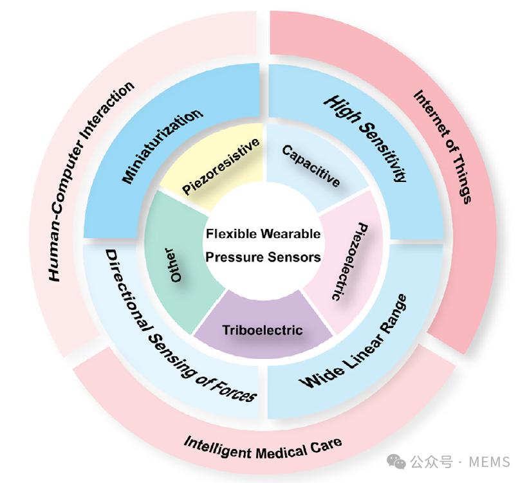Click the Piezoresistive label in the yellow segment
[x=221, y=167]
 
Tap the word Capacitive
[x=311, y=165]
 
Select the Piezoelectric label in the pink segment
[x=347, y=261]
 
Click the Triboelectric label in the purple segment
[x=262, y=330]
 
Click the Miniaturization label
[x=162, y=146]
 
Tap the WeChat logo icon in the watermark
[x=396, y=461]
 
